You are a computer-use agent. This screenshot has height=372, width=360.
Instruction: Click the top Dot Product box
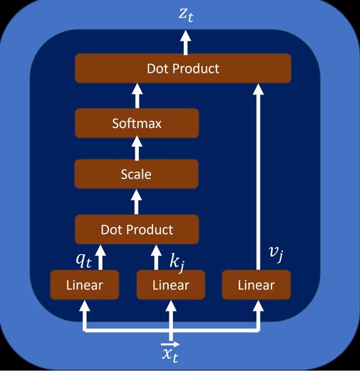(x=183, y=68)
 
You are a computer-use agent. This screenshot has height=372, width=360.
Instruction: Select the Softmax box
(x=137, y=123)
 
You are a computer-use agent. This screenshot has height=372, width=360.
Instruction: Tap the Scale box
(x=136, y=174)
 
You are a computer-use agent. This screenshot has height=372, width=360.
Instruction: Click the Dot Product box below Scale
(x=137, y=230)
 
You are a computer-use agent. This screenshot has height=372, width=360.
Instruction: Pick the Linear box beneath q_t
(x=84, y=285)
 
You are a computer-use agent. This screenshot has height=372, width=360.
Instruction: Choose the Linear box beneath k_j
(x=171, y=285)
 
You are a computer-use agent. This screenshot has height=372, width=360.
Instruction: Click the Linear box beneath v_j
(x=256, y=285)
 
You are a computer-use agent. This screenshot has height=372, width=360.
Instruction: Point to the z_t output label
(x=186, y=15)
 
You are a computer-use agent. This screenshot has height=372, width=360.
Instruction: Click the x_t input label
(x=170, y=355)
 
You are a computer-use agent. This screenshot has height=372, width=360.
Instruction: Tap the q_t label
(x=84, y=260)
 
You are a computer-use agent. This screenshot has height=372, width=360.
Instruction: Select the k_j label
(x=177, y=264)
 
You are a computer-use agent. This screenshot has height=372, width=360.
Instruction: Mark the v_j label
(x=276, y=254)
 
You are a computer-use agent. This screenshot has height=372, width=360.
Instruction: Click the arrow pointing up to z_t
(x=186, y=43)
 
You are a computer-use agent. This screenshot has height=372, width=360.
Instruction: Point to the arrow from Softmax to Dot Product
(x=137, y=95)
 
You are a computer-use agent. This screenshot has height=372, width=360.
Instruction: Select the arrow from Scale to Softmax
(x=137, y=148)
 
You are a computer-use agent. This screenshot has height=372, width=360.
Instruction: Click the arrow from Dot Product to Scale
(x=136, y=202)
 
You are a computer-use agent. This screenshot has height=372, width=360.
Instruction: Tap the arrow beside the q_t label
(x=101, y=257)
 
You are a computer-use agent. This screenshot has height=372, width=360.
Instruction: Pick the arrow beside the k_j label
(x=157, y=257)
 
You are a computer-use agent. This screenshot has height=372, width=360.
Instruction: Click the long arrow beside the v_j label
(x=259, y=176)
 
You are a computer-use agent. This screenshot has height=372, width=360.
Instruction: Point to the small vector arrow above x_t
(x=170, y=344)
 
